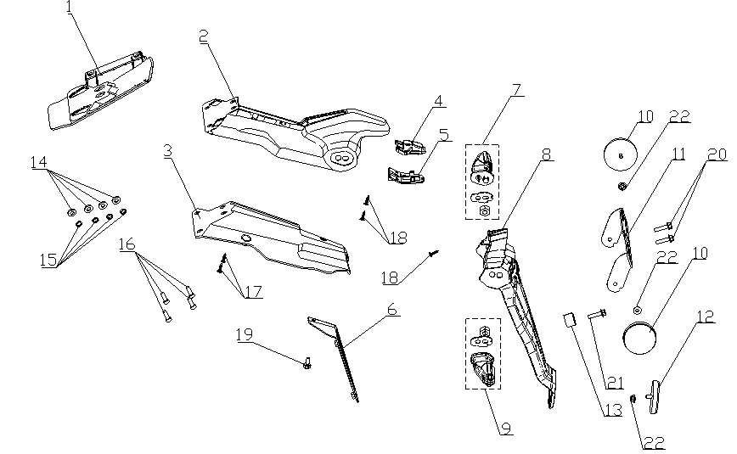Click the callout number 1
point(70,8)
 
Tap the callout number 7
point(516,90)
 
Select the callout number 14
point(38,162)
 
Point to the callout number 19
point(244,334)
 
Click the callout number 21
point(614,384)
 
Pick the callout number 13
point(612,411)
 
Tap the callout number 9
point(506,429)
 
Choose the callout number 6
point(391,311)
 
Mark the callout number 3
point(167,151)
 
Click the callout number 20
point(717,154)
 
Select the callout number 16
point(127,244)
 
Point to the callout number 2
point(204,36)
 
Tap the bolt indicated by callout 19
point(307,363)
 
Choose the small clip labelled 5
point(405,176)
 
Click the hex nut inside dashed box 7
point(483,211)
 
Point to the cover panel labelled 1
point(100,92)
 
